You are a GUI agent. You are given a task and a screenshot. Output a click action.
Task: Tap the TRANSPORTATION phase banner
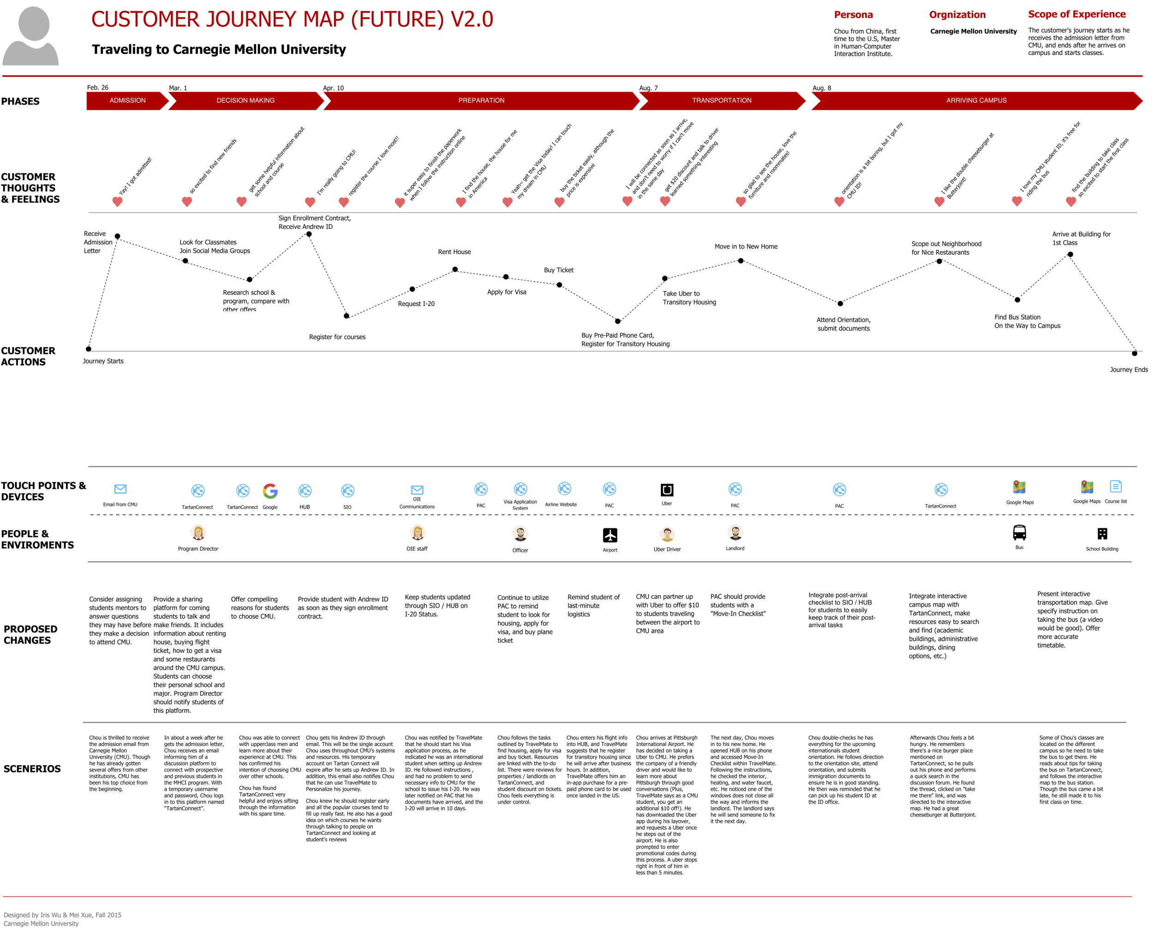point(721,100)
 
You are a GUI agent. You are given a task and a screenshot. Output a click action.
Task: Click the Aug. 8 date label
point(822,88)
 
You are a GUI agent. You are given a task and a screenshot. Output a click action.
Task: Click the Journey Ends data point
point(1134,354)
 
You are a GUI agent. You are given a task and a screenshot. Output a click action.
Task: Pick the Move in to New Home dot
point(740,261)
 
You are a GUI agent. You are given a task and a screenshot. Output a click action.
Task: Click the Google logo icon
point(270,491)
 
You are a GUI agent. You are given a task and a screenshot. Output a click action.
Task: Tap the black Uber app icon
point(667,489)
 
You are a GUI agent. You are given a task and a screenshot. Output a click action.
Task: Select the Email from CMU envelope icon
point(120,489)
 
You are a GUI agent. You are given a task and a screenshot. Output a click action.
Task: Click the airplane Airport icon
point(610,535)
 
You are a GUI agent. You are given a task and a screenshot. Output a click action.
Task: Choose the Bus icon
point(1019,533)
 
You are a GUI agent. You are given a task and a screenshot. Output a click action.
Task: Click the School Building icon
point(1102,534)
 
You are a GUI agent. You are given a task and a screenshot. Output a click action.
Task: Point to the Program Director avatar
point(198,533)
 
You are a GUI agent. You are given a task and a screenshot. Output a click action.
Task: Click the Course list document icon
point(1115,486)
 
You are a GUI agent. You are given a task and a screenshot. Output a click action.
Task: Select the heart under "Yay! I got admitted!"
point(117,202)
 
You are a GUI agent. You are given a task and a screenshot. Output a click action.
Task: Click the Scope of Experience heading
point(1076,15)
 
